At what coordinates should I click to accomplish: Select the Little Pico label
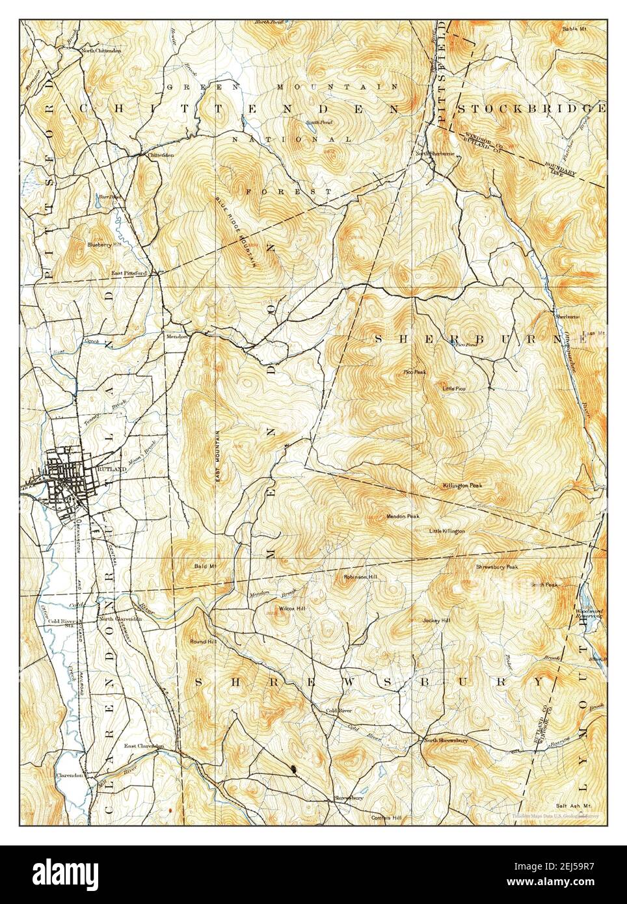[x=454, y=388]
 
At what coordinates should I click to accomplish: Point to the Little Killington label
[x=447, y=531]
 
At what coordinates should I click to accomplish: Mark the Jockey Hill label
[x=436, y=620]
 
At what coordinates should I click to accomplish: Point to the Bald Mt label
[x=204, y=566]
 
